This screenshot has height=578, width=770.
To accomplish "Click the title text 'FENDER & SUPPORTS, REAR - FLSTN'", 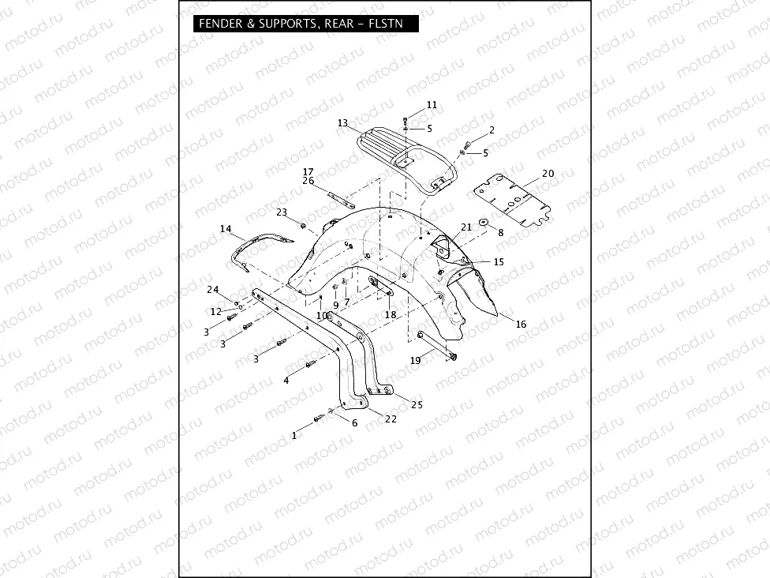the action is coord(301,24).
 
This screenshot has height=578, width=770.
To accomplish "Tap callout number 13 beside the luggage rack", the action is coord(342,123).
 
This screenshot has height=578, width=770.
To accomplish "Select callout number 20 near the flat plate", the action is coord(548,173).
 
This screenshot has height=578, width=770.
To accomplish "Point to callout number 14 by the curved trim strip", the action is coord(226,229).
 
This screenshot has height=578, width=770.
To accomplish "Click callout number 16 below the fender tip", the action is coord(521,325).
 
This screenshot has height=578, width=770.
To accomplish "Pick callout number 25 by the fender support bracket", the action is coord(417,404).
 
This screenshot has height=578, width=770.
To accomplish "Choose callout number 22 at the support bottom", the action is coord(391,418).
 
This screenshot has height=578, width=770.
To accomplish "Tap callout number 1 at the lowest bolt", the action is coord(294,434).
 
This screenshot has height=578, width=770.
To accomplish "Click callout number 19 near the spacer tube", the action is coord(416,360).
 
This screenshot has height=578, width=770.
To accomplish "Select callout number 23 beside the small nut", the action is coord(282,212).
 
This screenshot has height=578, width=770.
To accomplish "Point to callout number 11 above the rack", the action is coord(432,105).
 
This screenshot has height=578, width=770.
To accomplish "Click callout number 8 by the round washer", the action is coord(499,232).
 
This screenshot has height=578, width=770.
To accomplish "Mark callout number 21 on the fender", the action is coord(466,227).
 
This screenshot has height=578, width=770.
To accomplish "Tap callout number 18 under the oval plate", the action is coord(391,314).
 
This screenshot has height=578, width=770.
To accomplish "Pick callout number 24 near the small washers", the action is coord(212,288).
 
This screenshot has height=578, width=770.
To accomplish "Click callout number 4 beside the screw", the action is coord(286,380).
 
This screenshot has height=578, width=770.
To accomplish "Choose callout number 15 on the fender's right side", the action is coord(498,261).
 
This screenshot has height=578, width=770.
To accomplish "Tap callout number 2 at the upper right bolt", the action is coord(492,129).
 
